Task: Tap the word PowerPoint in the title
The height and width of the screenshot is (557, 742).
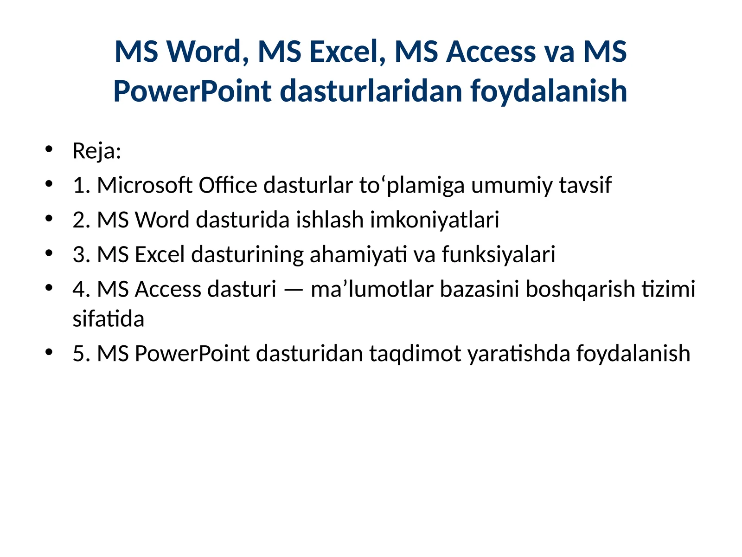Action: (192, 91)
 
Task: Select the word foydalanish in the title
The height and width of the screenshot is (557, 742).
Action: (549, 91)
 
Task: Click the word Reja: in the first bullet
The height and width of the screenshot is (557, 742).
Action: (97, 151)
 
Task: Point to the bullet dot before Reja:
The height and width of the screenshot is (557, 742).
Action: (49, 149)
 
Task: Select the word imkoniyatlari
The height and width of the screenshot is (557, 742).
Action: (435, 220)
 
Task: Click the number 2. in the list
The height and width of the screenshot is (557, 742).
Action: (81, 220)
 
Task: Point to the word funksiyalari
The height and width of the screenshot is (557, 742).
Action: (499, 254)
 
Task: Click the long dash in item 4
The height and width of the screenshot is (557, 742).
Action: (293, 290)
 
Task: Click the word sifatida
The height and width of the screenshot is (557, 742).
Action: (109, 319)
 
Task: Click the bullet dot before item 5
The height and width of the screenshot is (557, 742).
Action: (49, 351)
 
